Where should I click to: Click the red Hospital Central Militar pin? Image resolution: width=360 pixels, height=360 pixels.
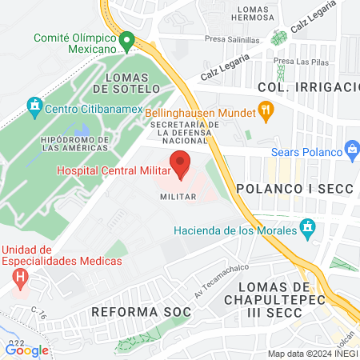tap(180, 162)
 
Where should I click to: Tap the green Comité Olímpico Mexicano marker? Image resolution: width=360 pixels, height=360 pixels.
tap(126, 41)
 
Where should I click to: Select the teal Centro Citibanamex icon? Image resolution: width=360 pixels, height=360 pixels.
tap(34, 106)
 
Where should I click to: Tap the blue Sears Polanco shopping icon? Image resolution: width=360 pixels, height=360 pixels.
tap(350, 149)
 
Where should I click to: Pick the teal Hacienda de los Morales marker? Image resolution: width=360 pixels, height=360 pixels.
tap(306, 231)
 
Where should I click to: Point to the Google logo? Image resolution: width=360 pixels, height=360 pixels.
tap(27, 350)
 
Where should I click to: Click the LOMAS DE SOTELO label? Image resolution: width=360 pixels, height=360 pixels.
tap(128, 83)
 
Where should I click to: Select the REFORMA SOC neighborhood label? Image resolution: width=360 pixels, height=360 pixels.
tap(142, 310)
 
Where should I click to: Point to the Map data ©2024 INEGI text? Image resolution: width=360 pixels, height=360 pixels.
tap(311, 354)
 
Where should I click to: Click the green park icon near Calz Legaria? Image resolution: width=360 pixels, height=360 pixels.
tap(278, 38)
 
